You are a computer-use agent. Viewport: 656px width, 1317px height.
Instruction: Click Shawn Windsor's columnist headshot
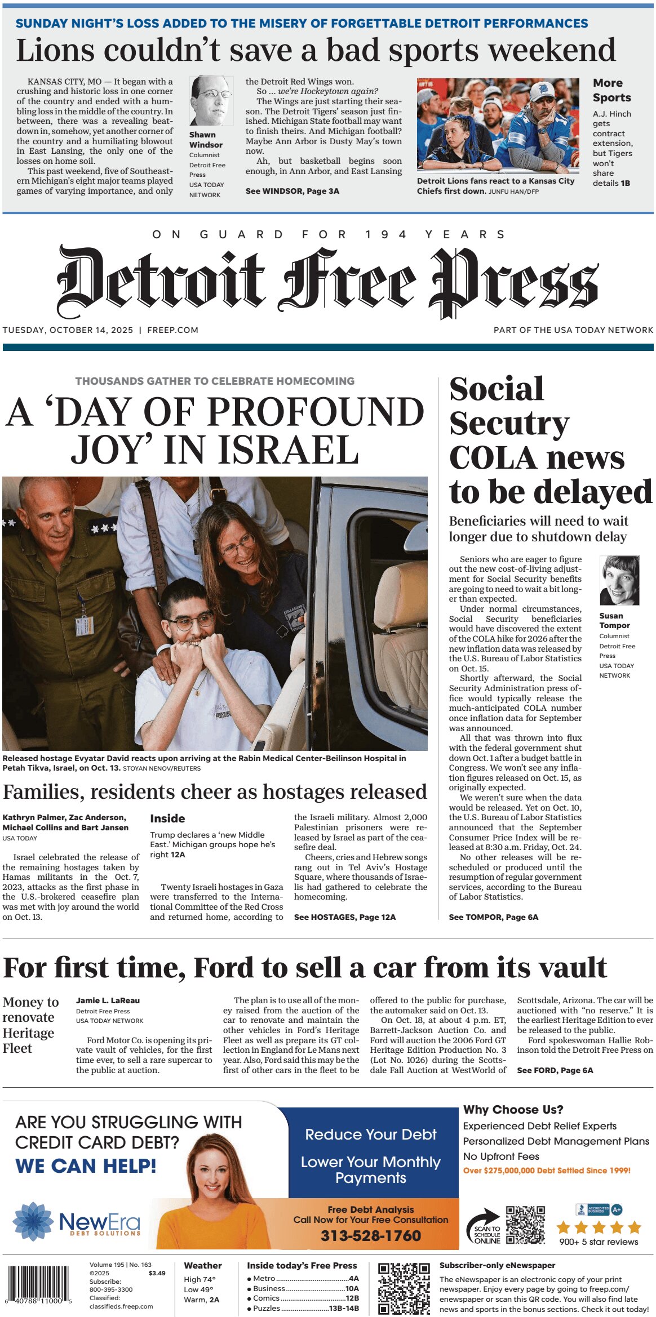click(x=211, y=101)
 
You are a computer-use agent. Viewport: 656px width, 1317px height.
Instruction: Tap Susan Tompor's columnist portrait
click(x=619, y=580)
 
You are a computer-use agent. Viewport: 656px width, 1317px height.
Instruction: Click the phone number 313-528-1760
click(x=370, y=1235)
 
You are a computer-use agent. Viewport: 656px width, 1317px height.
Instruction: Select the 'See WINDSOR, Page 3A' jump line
click(x=292, y=191)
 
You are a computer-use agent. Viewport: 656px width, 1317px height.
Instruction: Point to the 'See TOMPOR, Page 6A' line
click(x=493, y=917)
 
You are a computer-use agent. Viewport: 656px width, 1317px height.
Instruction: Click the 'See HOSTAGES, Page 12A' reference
click(x=344, y=917)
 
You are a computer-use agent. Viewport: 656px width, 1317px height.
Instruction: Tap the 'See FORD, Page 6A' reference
click(x=555, y=1070)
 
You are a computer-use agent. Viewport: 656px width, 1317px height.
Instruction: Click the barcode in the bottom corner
click(x=38, y=1286)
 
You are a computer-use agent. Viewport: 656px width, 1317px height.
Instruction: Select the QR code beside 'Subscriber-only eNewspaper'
click(x=404, y=1288)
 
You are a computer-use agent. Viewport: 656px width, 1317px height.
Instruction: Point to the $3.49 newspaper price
click(x=157, y=1273)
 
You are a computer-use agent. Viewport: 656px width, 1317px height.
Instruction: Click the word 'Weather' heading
click(x=202, y=1265)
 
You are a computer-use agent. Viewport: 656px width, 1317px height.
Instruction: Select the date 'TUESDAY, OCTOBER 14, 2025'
click(x=68, y=330)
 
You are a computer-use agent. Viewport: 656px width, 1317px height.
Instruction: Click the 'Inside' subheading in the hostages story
click(x=167, y=818)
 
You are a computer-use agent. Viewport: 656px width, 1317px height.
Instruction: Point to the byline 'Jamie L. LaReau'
click(x=108, y=1000)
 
